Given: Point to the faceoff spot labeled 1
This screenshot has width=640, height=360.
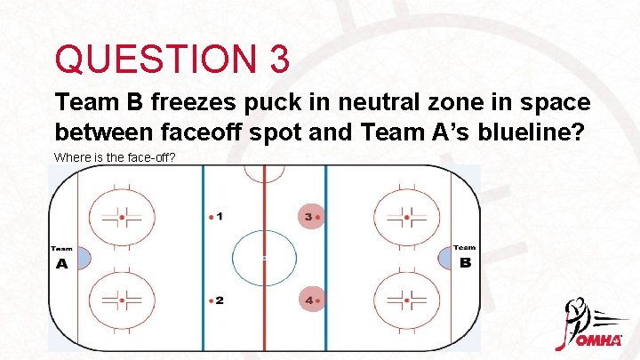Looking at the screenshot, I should tap(211, 216).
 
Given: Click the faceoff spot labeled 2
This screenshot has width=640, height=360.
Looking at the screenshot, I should tap(211, 300).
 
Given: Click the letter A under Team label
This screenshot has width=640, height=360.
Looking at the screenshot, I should tap(61, 264).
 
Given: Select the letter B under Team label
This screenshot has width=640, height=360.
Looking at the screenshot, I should tap(465, 264).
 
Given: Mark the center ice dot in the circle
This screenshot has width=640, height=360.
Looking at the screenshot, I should tap(264, 258).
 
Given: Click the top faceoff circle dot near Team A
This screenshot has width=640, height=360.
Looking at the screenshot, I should tap(122, 216).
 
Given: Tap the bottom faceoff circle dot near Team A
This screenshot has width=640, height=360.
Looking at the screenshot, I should tap(122, 300).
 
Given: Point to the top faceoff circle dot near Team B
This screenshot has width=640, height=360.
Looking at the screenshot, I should tap(406, 216).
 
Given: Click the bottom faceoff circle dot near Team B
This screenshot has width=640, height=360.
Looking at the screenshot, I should tap(406, 300).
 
